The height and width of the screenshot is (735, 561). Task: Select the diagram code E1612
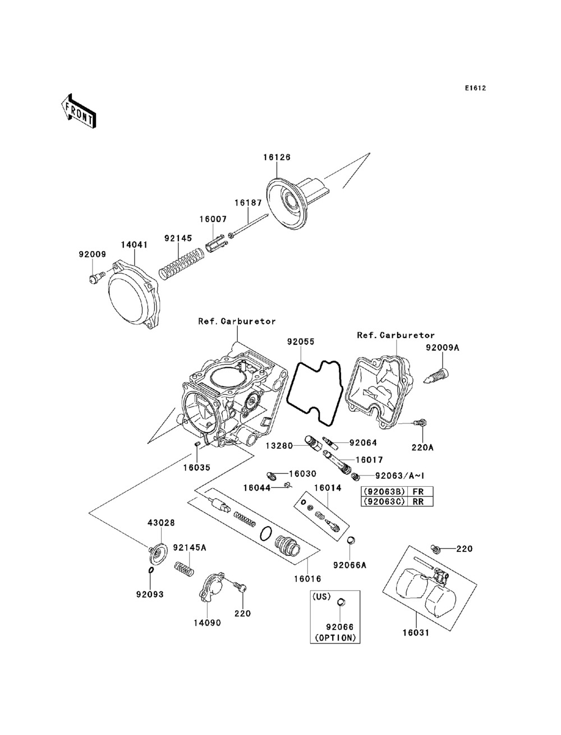coord(475,88)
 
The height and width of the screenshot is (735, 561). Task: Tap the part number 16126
coord(277,158)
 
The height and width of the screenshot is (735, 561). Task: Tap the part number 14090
coord(207,623)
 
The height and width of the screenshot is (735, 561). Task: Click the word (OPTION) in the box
coord(335,638)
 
